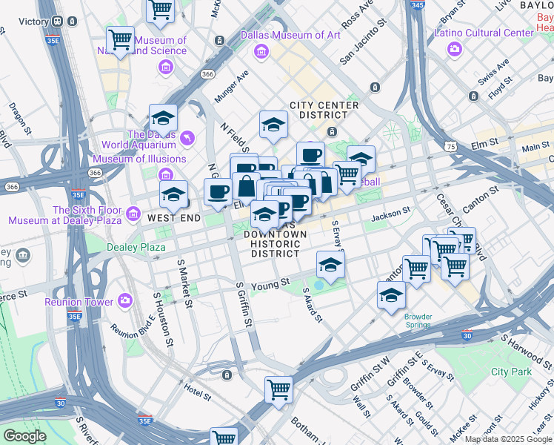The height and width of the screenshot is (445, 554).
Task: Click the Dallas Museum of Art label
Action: click(x=290, y=35)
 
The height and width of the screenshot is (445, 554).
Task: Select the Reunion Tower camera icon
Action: click(x=125, y=301)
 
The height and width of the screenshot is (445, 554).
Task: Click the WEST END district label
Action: click(x=171, y=218)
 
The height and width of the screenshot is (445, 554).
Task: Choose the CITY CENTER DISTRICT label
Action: click(x=324, y=111)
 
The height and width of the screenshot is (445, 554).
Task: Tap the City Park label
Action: click(x=511, y=372)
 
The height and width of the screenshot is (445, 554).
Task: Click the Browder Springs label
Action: click(x=418, y=321)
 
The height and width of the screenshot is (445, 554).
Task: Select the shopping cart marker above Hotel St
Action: click(x=278, y=389)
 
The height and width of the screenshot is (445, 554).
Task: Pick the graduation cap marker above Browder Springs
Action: click(x=391, y=295)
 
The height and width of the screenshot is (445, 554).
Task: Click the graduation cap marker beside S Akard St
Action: click(x=330, y=264)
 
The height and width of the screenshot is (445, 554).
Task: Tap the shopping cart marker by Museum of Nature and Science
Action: click(x=119, y=39)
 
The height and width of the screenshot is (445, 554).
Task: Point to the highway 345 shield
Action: click(x=416, y=5)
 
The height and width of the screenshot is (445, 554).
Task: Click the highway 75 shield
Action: click(x=451, y=147)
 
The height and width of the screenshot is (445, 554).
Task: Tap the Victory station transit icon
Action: click(x=58, y=22)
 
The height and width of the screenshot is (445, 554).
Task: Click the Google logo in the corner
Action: click(x=24, y=436)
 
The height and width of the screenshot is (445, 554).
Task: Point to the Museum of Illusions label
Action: click(x=139, y=159)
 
